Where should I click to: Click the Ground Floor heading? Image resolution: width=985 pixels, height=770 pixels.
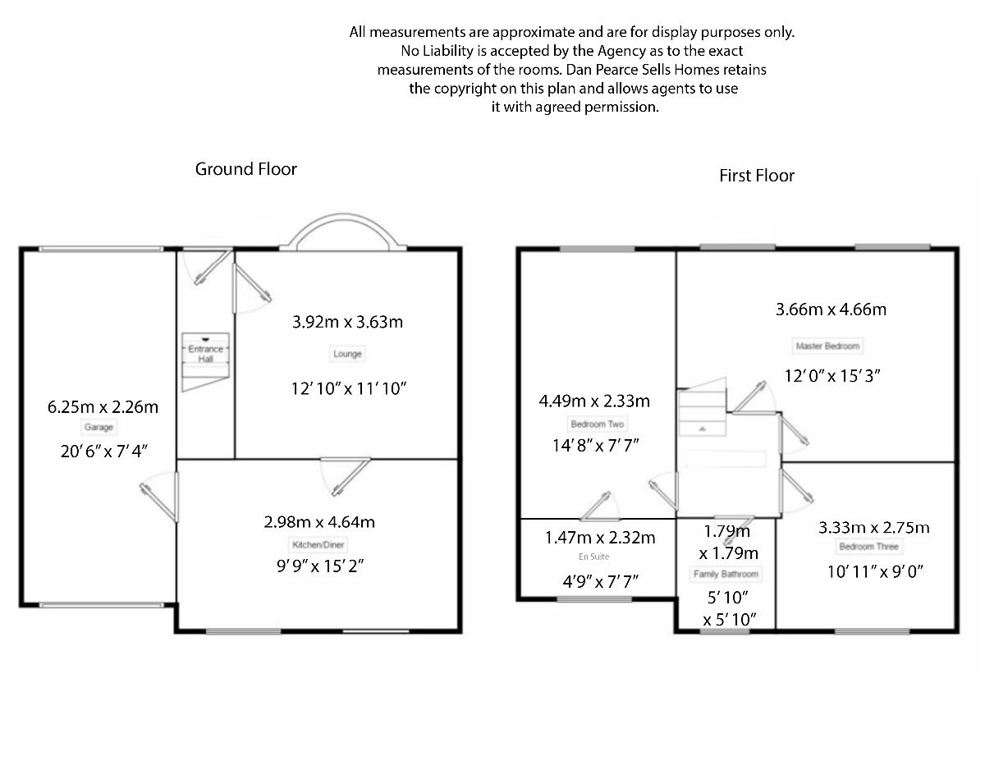tap(245, 169)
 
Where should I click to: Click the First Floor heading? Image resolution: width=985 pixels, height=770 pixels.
tap(757, 176)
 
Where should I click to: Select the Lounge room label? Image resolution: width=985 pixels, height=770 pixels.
tap(347, 354)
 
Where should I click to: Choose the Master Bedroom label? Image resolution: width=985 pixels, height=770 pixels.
tap(827, 346)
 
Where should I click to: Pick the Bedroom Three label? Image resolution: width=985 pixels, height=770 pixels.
tap(868, 547)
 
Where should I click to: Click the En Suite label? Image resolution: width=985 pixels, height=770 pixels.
tap(599, 557)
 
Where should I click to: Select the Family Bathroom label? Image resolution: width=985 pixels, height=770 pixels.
tap(726, 574)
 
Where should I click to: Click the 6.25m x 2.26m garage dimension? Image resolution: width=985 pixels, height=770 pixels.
tap(103, 406)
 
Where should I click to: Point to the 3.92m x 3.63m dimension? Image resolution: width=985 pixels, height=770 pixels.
tap(347, 322)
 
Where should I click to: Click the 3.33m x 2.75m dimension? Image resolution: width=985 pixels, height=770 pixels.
tap(873, 527)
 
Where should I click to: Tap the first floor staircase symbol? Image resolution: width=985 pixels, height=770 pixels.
tap(702, 413)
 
